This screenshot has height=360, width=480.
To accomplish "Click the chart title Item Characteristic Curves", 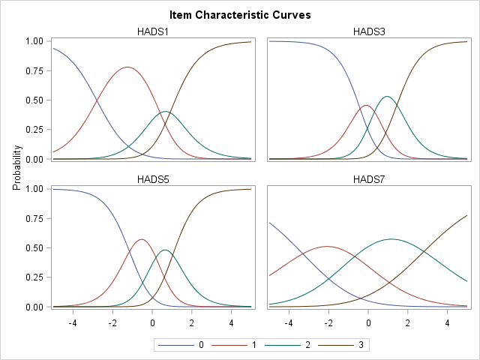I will point(240,14).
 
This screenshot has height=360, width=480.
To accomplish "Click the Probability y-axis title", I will point(16,174).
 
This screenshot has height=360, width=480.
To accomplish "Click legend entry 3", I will point(349,345).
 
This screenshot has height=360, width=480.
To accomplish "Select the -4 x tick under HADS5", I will point(72,323).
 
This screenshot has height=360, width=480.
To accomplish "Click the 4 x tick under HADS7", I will point(448,323).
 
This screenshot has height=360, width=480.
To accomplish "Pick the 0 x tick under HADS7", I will point(368,323).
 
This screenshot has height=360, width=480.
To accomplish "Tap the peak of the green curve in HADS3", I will point(387,96).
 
